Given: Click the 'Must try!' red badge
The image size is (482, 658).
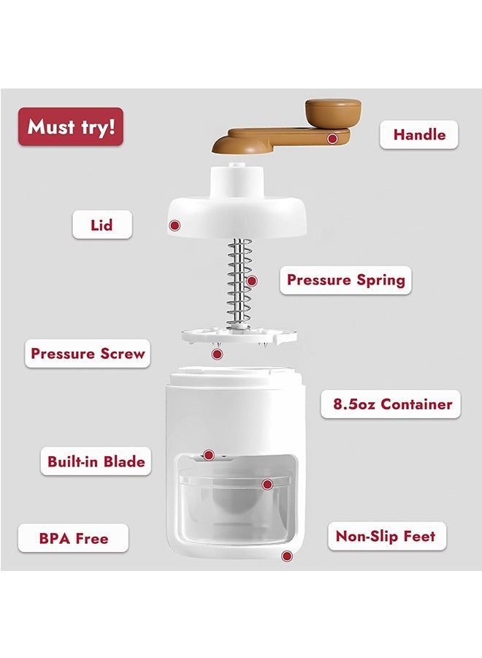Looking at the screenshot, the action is tap(70, 126).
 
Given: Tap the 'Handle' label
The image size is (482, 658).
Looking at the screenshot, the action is tap(418, 135).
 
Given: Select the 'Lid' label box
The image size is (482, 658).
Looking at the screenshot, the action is tap(102, 225).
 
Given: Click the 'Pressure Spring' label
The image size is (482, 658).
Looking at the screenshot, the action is tap(345, 280).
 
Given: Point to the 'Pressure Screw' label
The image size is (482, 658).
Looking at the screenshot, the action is tap(88, 353).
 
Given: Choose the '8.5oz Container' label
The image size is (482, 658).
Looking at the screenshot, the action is tap(391, 404).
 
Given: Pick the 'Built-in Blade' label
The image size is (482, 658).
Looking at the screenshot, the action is tap(96, 461).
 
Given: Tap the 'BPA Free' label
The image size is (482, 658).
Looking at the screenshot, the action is tap(73, 538).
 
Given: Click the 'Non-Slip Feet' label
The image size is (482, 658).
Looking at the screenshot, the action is tap(387, 536).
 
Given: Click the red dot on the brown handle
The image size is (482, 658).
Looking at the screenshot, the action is tap(332, 138).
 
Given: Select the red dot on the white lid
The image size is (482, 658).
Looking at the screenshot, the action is tap(175, 226).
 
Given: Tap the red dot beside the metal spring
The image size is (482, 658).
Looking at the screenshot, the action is tap(251, 281).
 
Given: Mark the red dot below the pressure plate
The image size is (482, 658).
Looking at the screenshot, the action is tap(217, 354).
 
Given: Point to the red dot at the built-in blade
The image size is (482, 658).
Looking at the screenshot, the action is tap(208, 455).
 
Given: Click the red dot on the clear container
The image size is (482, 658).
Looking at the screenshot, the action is tap(267, 485).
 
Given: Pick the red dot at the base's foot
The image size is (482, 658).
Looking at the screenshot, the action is tap(287, 556).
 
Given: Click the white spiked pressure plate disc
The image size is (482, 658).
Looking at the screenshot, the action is tap(239, 336).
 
